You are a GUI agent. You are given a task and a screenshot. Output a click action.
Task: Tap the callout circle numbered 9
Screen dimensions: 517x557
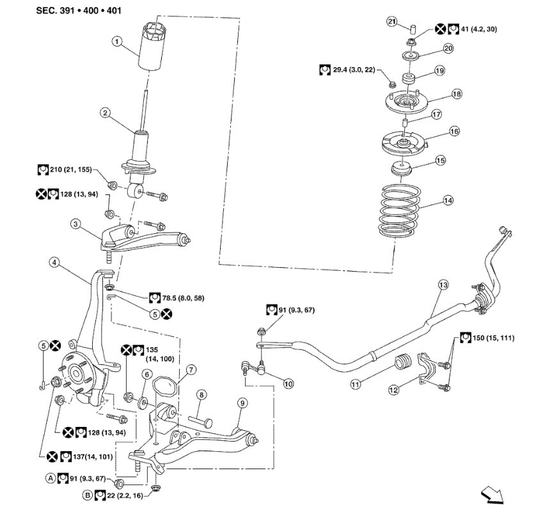(242, 403)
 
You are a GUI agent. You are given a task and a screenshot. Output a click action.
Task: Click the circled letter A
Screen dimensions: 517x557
(50, 477)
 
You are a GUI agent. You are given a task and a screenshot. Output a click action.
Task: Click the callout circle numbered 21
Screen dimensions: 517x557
(391, 22)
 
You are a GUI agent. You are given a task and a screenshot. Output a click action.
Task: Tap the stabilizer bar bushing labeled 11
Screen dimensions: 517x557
(402, 361)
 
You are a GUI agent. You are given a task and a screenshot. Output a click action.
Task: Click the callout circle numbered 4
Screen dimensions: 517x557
(55, 263)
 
